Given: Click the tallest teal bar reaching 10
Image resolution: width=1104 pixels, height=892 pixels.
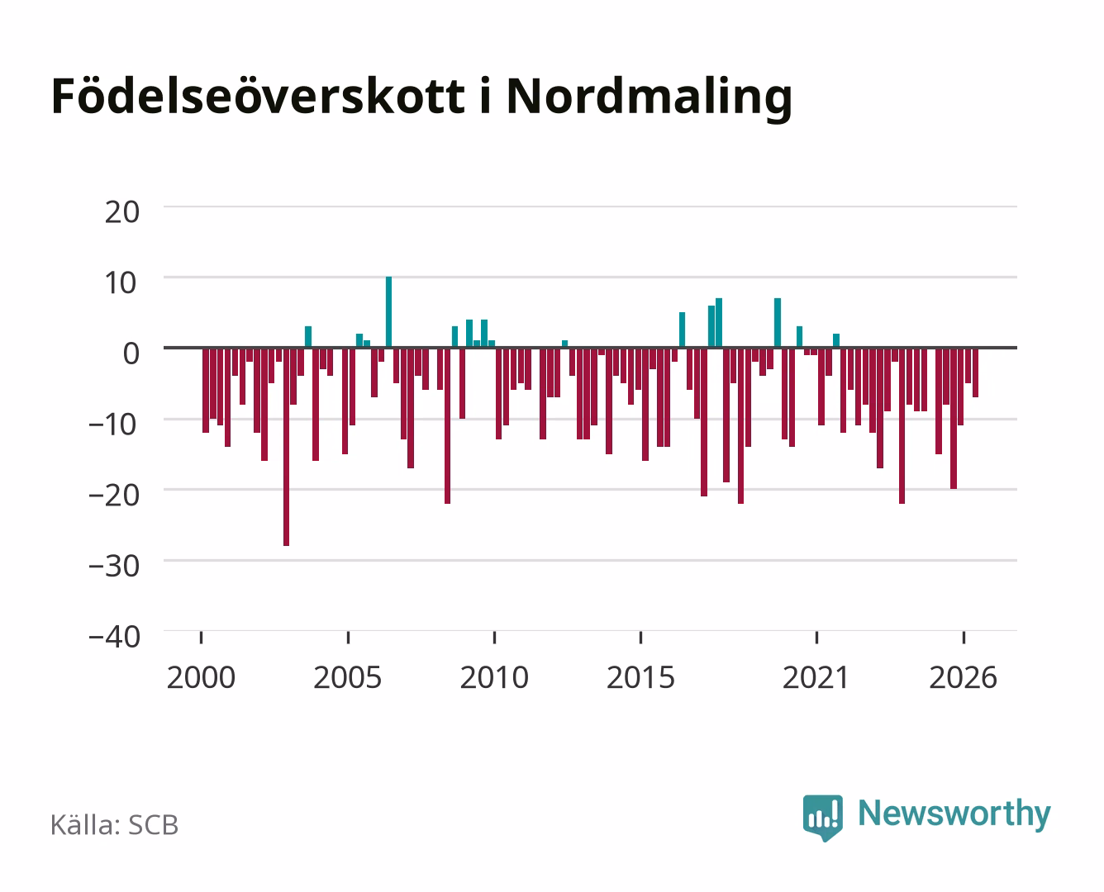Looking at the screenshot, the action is pos(388,312).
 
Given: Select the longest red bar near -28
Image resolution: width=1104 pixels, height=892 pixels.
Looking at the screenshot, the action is pos(286,447).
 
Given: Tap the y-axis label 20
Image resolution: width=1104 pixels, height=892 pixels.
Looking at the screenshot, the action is pos(122,212).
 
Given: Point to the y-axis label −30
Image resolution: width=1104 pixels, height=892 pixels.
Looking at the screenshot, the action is pos(114,567).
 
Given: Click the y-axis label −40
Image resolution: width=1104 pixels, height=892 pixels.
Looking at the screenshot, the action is pos(114,637).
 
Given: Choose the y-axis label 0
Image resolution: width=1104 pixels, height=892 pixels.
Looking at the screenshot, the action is pos(131,354).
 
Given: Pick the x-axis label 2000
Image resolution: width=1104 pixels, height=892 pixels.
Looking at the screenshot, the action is pos(201,677).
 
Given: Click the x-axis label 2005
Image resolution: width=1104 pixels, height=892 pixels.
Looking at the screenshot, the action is pos(348,677).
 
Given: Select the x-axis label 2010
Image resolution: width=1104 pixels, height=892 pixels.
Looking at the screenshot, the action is pos(494,677).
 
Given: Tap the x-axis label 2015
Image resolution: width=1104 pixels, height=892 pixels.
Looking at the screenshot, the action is pos(640,677).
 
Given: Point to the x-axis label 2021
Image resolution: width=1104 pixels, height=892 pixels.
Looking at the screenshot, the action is pos(816,677).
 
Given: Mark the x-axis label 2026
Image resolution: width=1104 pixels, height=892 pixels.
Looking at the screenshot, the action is pos(963,677).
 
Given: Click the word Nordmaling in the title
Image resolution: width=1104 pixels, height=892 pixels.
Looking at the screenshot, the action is pos(649,98).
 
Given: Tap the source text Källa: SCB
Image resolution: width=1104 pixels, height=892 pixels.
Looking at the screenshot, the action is pos(115,824).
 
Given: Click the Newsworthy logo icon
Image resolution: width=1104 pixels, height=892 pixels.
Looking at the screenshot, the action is pos(822,817).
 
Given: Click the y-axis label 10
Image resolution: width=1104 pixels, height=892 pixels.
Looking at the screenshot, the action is pos(122,283).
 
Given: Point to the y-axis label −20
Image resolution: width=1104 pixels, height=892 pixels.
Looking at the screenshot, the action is pos(114,496).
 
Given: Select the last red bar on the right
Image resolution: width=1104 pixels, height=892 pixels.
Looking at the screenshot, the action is pos(975,372).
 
